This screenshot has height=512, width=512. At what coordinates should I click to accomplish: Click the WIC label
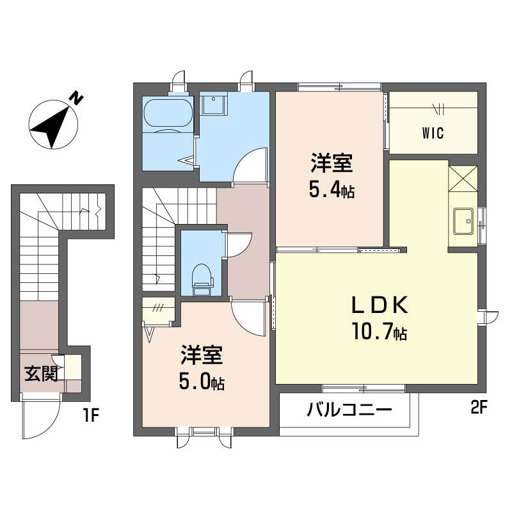point(433,133)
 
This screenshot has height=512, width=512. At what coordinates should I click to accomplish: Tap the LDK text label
point(380,305)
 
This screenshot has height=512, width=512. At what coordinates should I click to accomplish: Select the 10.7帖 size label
point(379,332)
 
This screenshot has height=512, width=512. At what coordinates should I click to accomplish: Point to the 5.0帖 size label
point(202,381)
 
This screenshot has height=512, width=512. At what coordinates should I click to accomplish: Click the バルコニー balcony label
point(349,410)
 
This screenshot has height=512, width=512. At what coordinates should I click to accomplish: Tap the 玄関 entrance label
point(42,374)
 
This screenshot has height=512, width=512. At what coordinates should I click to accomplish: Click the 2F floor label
point(479,408)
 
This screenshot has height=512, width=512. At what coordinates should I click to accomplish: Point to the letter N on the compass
point(77,99)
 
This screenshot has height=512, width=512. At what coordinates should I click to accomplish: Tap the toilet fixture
point(202,280)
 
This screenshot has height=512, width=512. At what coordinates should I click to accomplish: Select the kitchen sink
point(463,221)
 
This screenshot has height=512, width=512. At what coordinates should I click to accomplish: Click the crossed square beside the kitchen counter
point(463,179)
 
